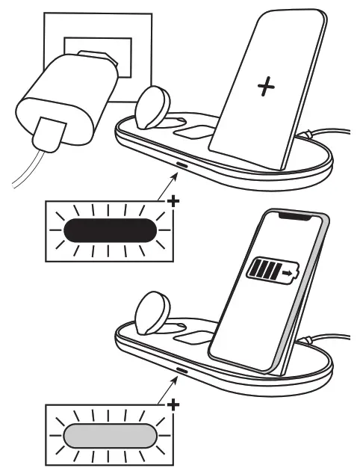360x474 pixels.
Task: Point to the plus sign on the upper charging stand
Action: tap(264, 87)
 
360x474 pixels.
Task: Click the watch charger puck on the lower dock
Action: tap(155, 310)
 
